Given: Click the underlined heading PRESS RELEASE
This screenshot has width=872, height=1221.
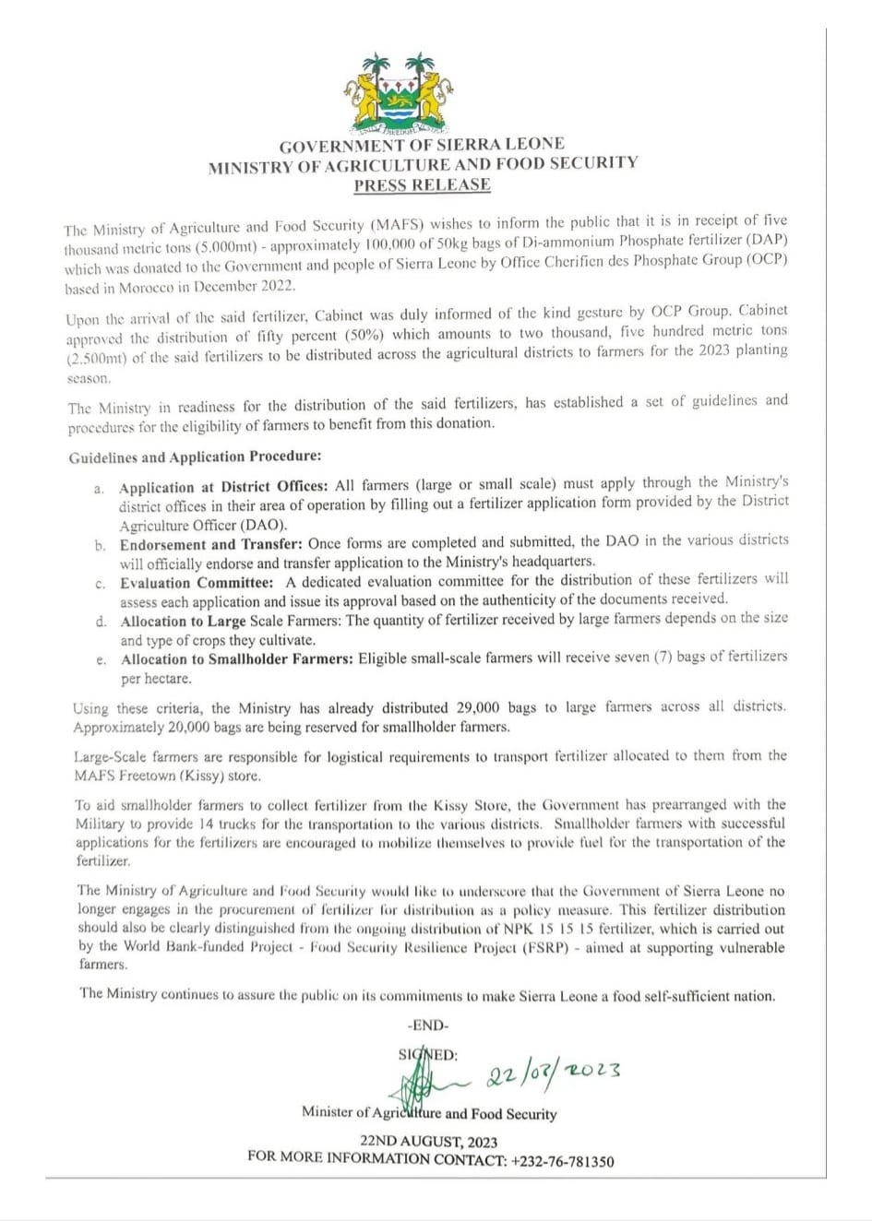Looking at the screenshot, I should coord(422,184).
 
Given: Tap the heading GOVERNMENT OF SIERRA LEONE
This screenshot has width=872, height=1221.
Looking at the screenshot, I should coord(422,145).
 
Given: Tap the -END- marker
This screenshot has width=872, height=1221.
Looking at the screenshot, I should coord(427,1025).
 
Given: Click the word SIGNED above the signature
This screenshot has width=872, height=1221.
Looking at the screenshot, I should coord(427,1055).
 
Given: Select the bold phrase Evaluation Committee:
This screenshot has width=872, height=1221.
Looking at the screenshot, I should coord(197,583).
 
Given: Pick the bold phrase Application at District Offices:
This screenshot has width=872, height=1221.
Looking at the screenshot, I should coord(223,487).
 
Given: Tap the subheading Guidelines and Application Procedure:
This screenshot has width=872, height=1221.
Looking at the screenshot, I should coord(195,457).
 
